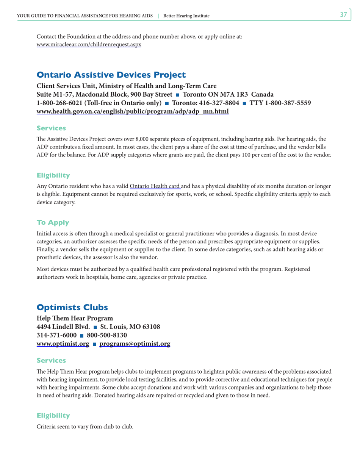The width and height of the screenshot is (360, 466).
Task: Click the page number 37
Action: click(x=343, y=15)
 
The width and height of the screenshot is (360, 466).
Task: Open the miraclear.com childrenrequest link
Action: click(x=89, y=44)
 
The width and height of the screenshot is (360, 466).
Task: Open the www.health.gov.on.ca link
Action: click(x=132, y=112)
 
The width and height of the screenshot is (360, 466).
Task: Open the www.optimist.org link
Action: click(x=63, y=344)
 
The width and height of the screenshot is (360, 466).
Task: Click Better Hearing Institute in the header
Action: click(x=186, y=16)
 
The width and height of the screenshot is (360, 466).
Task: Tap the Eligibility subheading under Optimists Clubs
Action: click(x=53, y=416)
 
